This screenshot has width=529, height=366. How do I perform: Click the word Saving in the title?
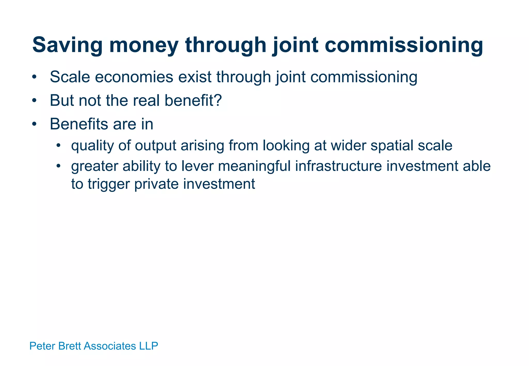pyautogui.click(x=67, y=45)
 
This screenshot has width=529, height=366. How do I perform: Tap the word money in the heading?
pyautogui.click(x=144, y=45)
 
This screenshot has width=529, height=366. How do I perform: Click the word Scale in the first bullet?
pyautogui.click(x=70, y=77)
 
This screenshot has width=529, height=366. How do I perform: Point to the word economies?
pyautogui.click(x=134, y=77)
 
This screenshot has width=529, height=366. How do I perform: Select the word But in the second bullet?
pyautogui.click(x=62, y=100)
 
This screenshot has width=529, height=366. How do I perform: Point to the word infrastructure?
pyautogui.click(x=338, y=166)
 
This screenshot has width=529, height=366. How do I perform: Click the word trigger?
pyautogui.click(x=108, y=184)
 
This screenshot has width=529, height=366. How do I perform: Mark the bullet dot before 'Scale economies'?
pyautogui.click(x=34, y=77)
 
